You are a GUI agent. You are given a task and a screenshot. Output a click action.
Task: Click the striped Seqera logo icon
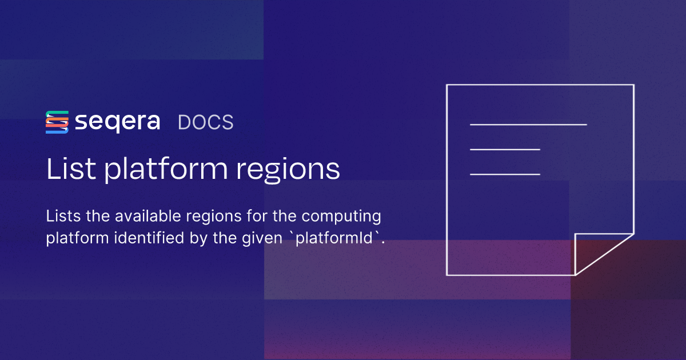[x=57, y=122]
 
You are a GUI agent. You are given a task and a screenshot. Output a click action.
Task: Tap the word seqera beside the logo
[x=117, y=122]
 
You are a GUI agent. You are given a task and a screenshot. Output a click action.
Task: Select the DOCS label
[x=205, y=123]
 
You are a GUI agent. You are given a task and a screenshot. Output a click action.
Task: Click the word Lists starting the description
[x=61, y=217]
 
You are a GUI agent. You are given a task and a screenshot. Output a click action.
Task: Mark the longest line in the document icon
[x=528, y=124]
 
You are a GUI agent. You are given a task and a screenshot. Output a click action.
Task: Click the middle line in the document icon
[x=505, y=149]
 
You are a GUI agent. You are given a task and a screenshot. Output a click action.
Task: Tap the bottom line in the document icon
[x=505, y=174]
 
